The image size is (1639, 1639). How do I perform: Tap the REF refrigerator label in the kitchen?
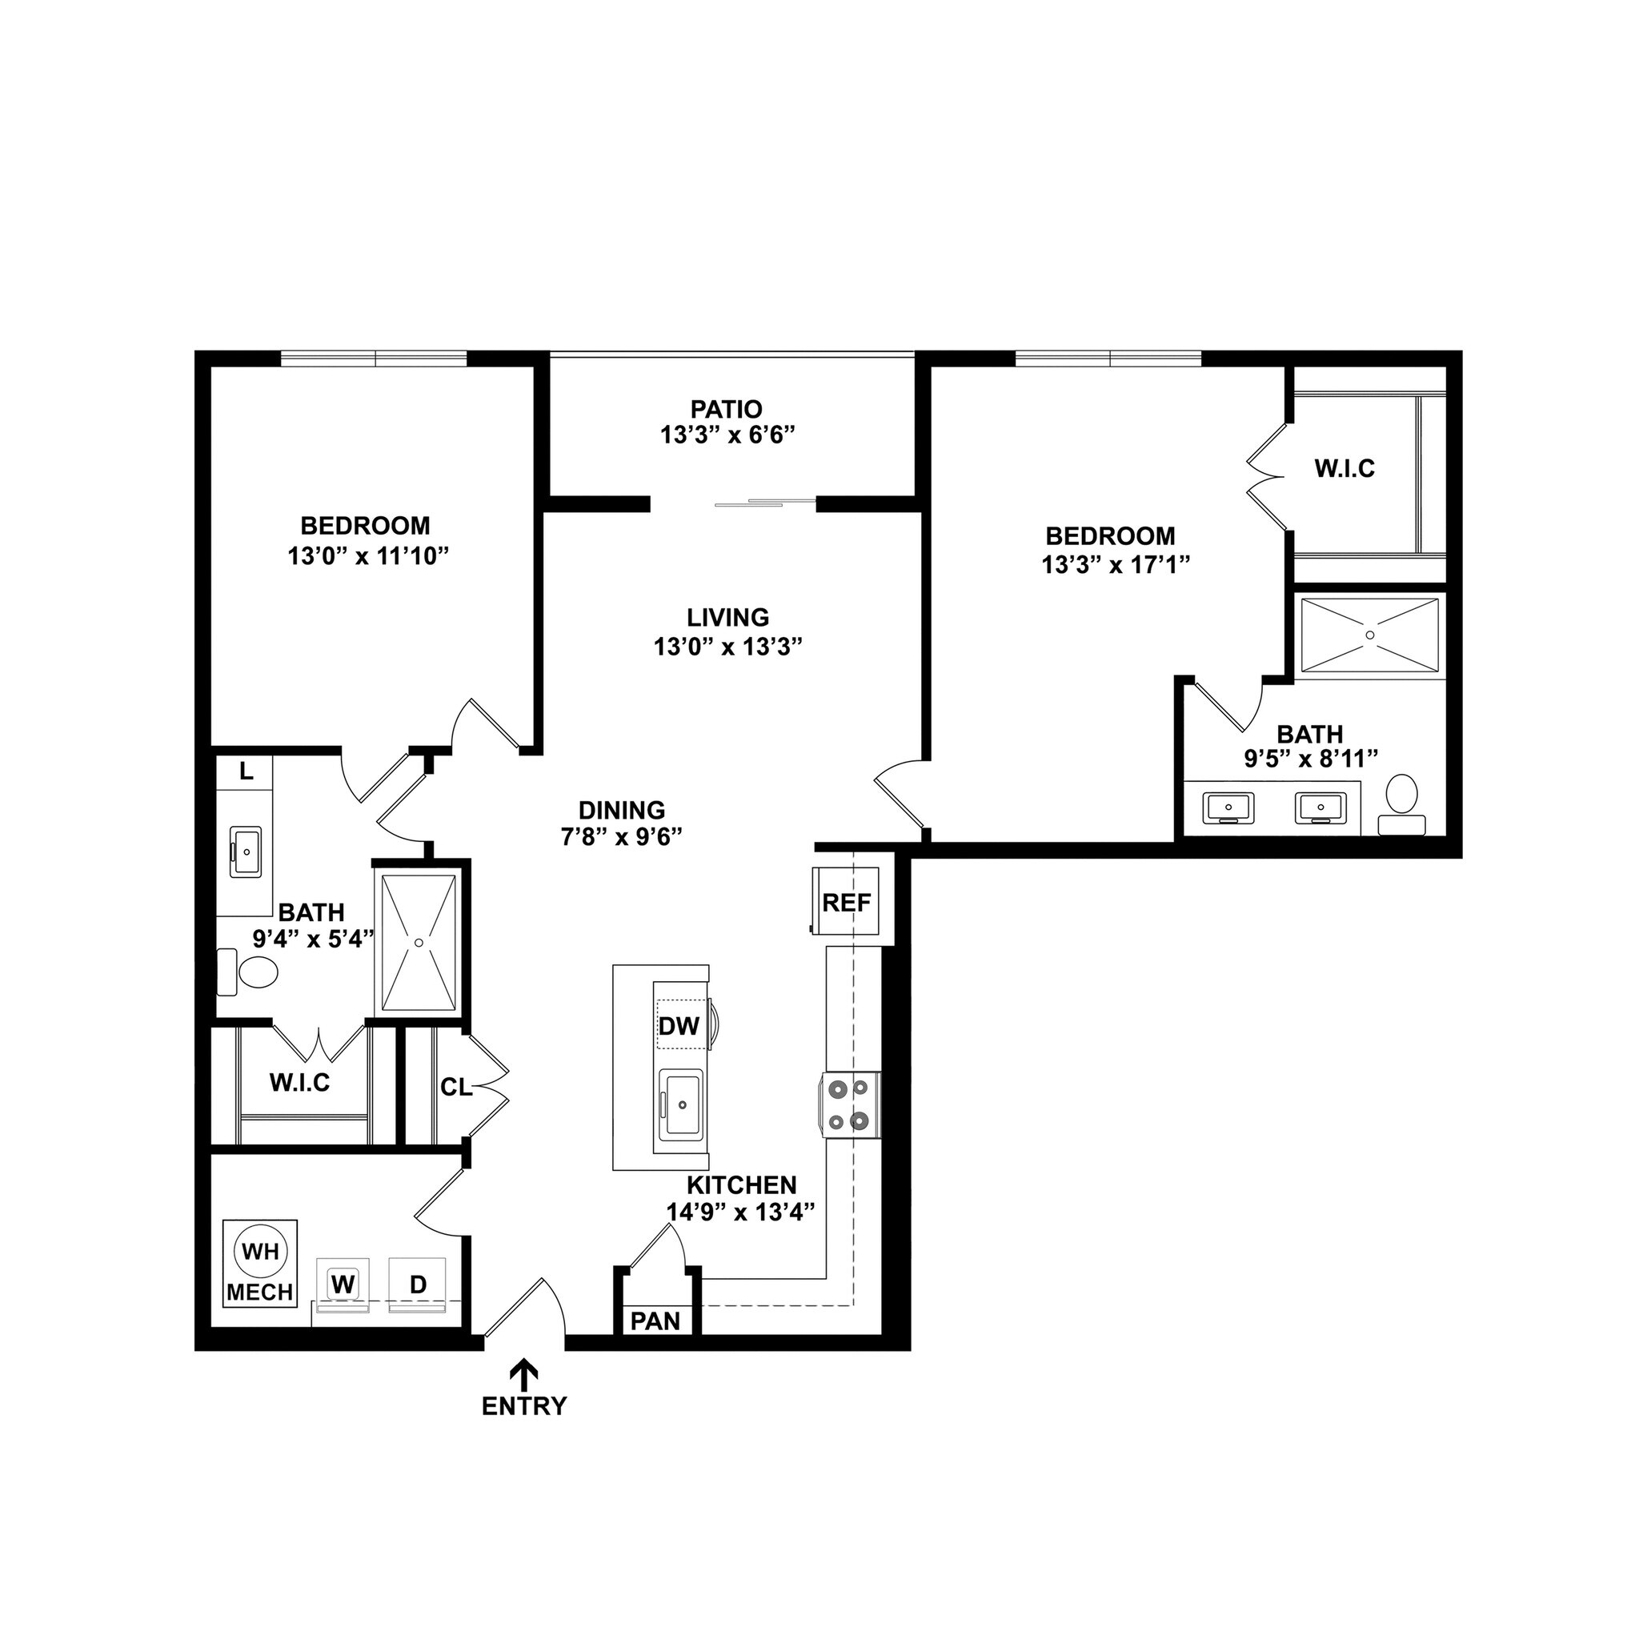(847, 903)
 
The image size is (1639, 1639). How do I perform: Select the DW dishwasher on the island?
(679, 1026)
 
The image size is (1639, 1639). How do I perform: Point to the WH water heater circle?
(259, 1252)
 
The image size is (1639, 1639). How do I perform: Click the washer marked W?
(342, 1284)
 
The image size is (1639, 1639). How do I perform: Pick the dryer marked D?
(418, 1284)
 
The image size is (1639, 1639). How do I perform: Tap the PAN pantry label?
(655, 1320)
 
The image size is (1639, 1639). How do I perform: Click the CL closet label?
(455, 1087)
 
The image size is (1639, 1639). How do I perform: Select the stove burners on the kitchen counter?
(850, 1103)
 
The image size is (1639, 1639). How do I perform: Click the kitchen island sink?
(681, 1104)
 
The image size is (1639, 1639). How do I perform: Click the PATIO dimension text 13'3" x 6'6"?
(727, 435)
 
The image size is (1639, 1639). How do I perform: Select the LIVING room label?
(728, 617)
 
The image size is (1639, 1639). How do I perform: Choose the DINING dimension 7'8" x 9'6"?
(622, 837)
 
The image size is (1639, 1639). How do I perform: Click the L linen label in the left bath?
(245, 771)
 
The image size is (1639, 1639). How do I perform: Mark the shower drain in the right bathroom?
(1370, 635)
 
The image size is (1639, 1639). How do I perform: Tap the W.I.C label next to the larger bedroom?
(1344, 468)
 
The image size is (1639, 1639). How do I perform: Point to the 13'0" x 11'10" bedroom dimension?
(367, 556)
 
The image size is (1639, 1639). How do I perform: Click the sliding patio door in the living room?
(751, 503)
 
